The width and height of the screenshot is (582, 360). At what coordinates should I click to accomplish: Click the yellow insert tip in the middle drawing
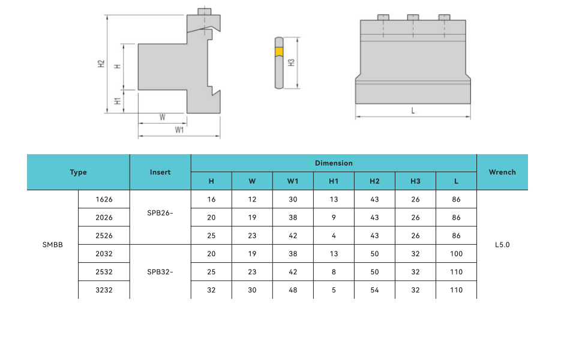point(279,52)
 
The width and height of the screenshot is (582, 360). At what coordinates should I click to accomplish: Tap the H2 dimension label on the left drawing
point(102,64)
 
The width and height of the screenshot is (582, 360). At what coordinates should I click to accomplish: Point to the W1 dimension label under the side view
point(179,130)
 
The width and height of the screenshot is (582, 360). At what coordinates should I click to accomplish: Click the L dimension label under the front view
point(413,110)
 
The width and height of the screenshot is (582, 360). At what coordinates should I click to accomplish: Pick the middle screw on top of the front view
point(413,17)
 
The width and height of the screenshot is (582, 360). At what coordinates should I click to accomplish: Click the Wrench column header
point(502,172)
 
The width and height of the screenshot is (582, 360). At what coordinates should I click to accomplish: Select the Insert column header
point(160,172)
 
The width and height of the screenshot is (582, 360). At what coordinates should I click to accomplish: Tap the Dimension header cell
point(334,163)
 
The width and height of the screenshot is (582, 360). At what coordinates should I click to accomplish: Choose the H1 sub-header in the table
point(334,181)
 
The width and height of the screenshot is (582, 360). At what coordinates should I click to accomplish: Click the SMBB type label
point(53,245)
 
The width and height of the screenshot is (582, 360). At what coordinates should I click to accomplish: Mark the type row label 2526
point(104,236)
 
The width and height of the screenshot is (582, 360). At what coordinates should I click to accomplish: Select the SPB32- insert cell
point(160,272)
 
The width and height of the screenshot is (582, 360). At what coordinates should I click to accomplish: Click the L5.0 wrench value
point(502,245)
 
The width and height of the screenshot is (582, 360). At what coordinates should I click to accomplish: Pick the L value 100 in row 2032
point(456,254)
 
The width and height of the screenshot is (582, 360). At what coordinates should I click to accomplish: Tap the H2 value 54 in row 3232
point(374,290)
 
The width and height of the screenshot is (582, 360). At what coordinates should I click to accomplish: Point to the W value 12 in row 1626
point(252,199)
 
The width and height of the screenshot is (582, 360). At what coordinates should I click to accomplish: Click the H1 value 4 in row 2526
point(334,236)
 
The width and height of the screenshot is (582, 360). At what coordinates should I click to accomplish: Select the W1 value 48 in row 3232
point(293,290)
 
